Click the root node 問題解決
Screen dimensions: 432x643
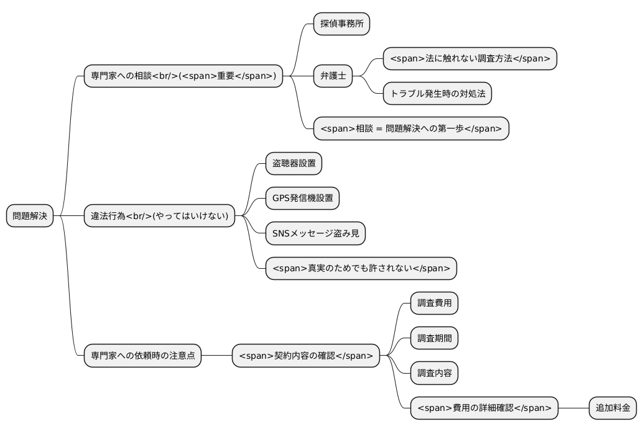[30, 216]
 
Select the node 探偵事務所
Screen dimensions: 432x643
[341, 24]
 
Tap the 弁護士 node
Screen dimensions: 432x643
[333, 76]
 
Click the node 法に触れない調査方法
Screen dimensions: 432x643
[470, 59]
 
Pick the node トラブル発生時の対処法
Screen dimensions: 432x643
[437, 94]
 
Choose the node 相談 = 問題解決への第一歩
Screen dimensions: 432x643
[411, 128]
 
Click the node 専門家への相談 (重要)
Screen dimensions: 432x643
[183, 76]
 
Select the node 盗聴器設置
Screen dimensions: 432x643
[294, 164]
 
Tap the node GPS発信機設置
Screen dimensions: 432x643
[302, 199]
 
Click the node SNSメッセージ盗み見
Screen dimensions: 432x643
[315, 233]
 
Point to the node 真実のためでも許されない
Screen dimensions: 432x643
[361, 268]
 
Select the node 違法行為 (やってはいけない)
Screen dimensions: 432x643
[160, 216]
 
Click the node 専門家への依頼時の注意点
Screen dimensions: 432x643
[142, 356]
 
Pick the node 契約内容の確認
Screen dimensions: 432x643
[305, 356]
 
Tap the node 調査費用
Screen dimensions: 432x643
[434, 304]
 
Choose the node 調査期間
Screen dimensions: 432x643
[434, 338]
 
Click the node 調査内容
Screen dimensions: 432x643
[434, 373]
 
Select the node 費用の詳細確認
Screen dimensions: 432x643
[484, 408]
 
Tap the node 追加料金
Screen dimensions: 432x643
[613, 408]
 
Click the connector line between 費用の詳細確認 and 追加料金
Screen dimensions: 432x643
[573, 408]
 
